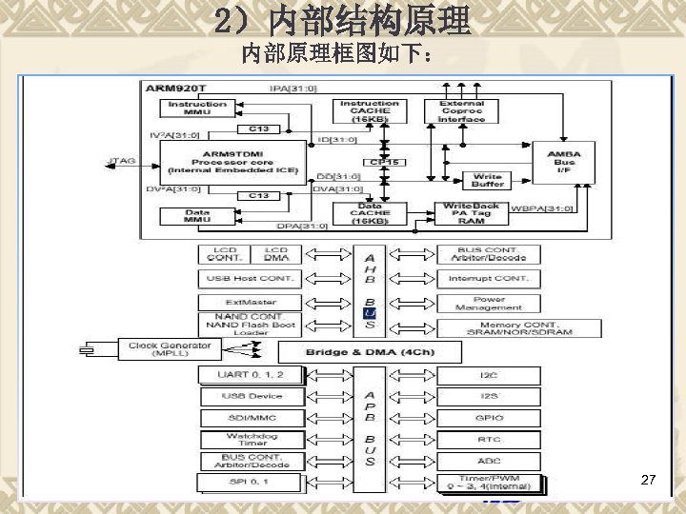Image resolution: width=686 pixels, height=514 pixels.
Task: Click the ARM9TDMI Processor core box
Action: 232,163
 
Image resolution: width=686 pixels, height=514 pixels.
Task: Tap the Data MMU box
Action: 197,216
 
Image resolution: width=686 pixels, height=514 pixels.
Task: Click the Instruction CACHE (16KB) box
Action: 370,110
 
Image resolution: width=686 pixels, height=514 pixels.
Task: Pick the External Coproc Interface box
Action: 461,110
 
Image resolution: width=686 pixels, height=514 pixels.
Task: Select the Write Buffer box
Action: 488,180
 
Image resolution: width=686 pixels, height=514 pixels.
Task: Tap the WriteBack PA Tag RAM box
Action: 471,213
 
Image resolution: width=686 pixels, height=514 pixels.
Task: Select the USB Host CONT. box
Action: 251,279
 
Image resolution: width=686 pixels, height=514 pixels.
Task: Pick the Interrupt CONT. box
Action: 488,279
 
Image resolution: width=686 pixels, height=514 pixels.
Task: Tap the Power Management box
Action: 488,304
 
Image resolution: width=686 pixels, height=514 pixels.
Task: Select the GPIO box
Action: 489,418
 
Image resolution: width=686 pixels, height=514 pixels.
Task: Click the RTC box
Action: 489,440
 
